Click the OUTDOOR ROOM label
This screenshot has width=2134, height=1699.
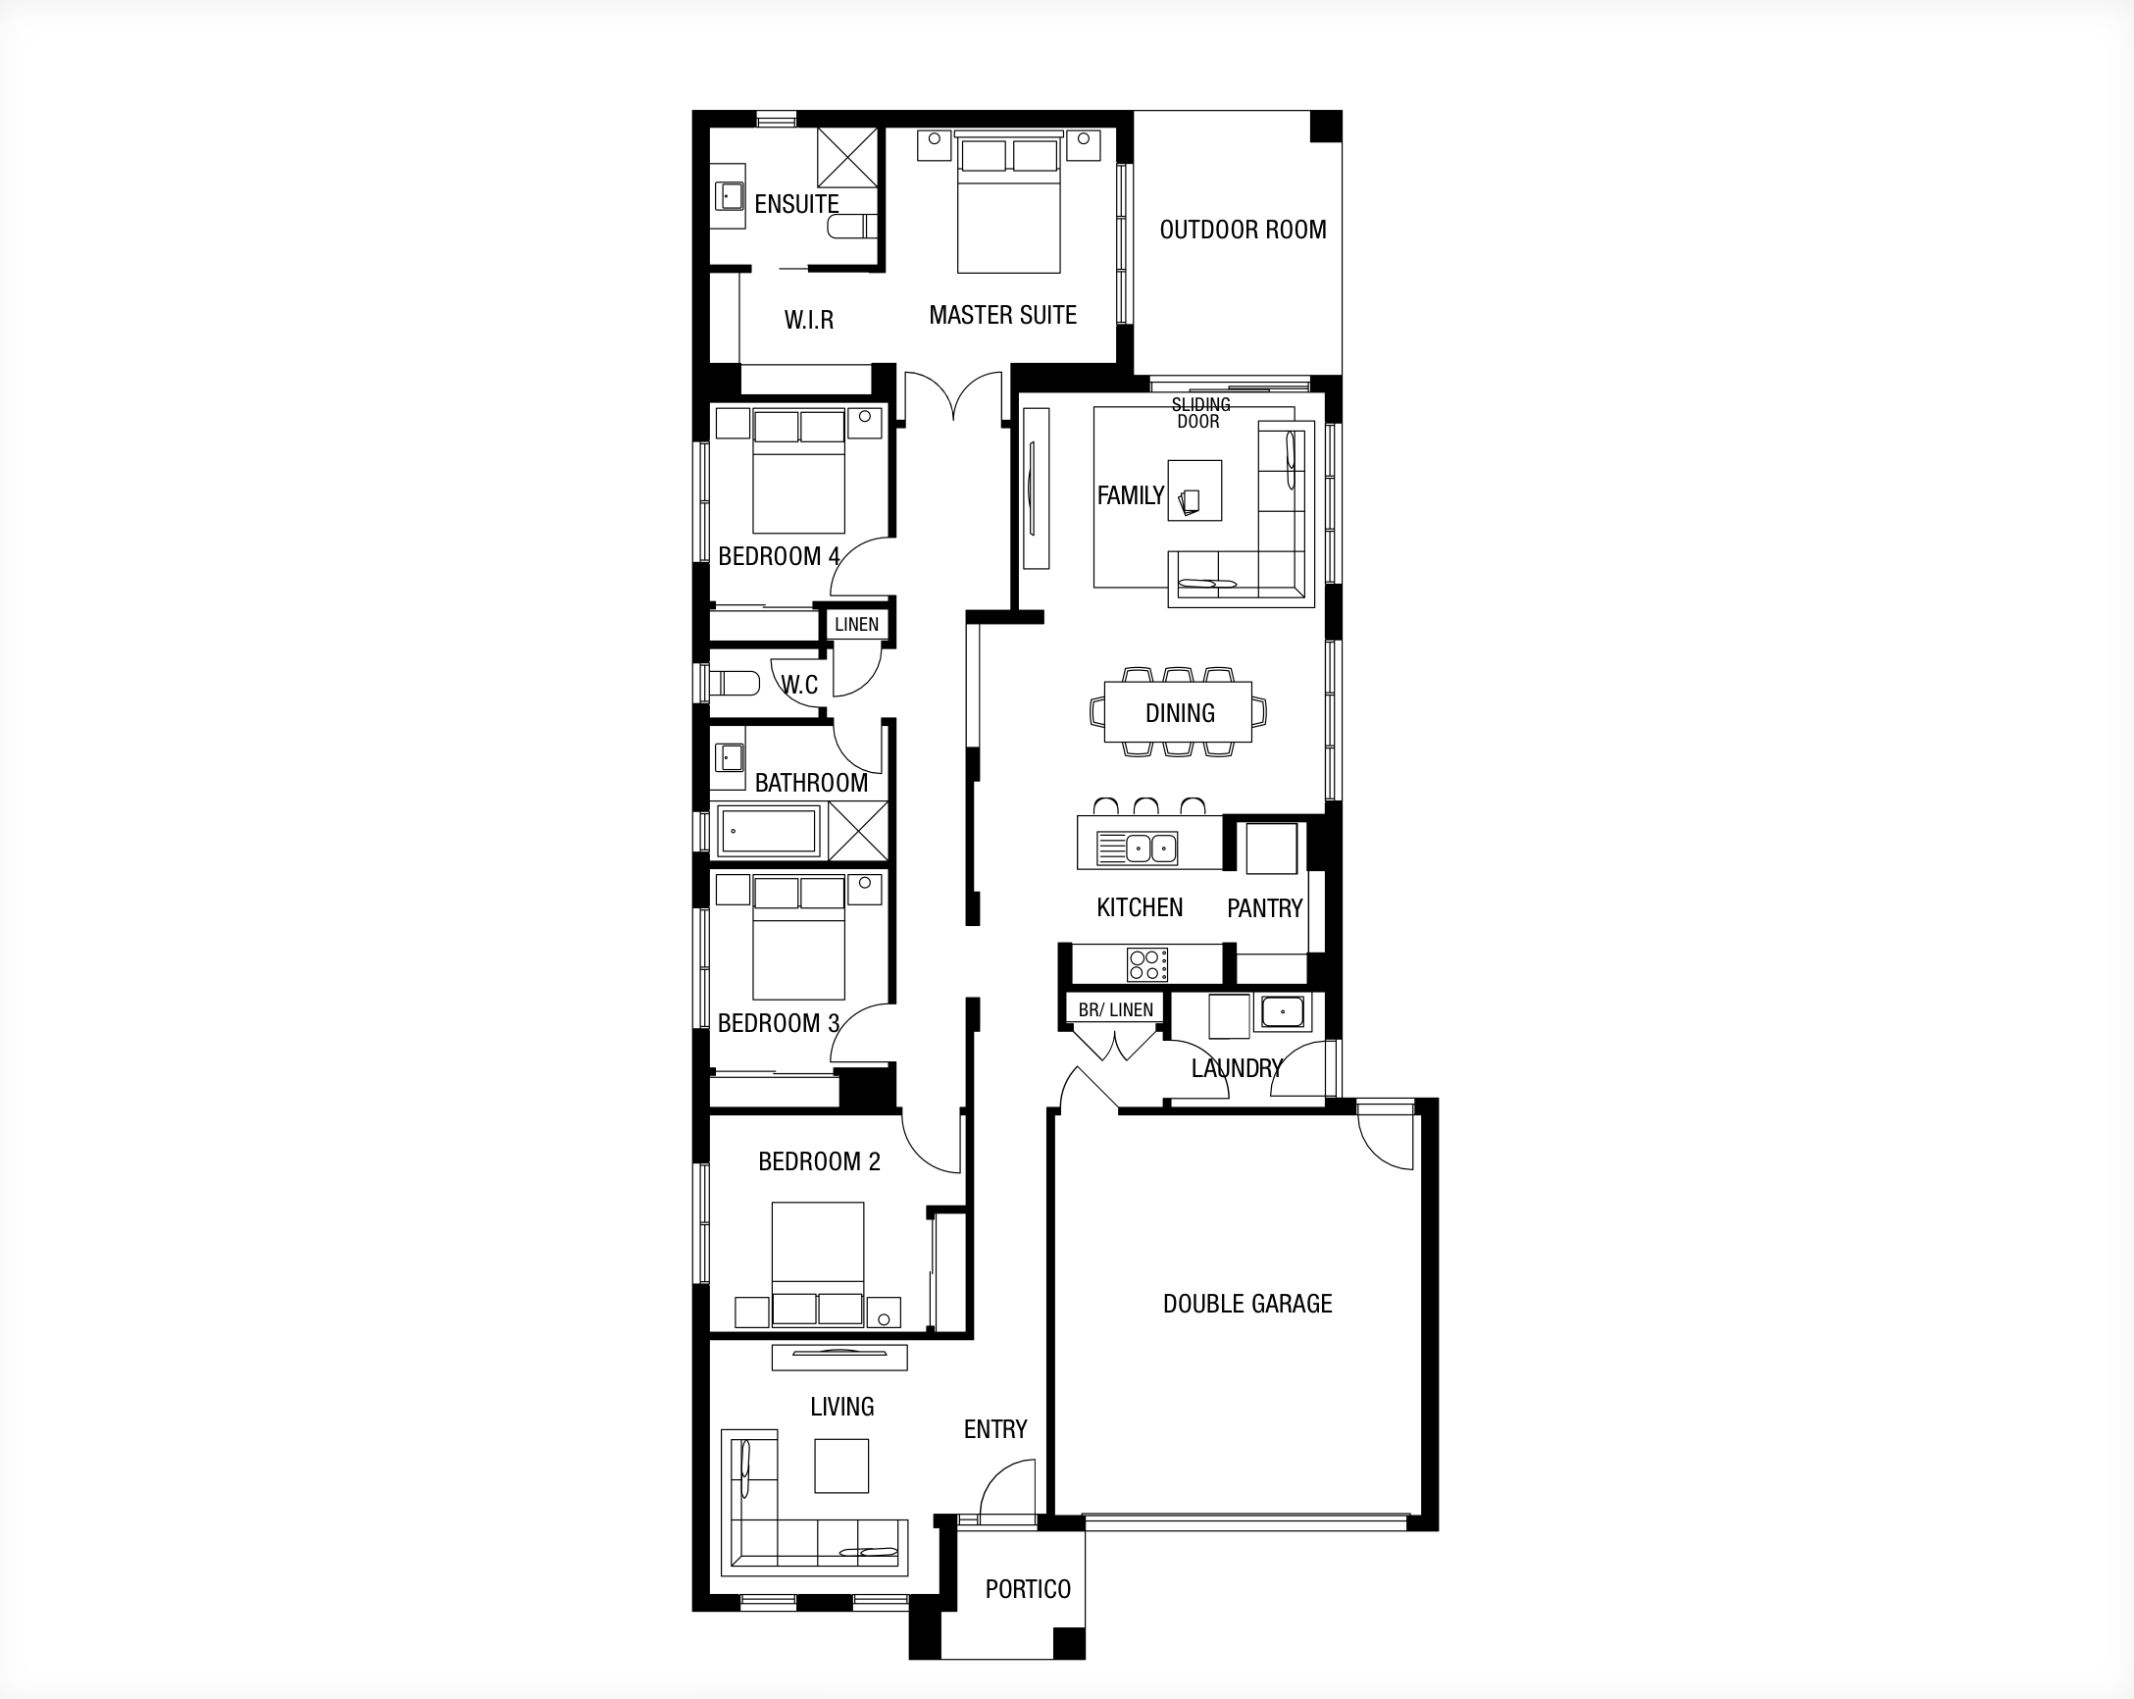click(x=1243, y=230)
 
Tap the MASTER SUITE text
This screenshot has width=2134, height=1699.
click(x=1002, y=315)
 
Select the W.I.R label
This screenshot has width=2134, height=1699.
click(x=809, y=320)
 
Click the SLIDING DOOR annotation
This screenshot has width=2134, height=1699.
click(x=1200, y=413)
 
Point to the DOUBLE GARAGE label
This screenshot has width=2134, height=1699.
click(x=1247, y=1303)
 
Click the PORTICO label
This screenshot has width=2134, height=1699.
click(x=1028, y=1589)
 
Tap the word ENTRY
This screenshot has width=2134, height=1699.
click(x=994, y=1428)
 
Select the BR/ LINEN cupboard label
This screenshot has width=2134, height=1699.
click(x=1115, y=1010)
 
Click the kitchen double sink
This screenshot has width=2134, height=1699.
click(x=1138, y=849)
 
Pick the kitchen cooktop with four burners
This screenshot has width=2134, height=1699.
click(x=1148, y=965)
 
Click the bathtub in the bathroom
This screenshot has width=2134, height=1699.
click(x=768, y=831)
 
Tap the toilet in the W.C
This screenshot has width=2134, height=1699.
click(x=734, y=683)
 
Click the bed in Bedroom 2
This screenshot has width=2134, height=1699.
click(x=818, y=1263)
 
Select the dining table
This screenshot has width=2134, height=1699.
click(x=1178, y=712)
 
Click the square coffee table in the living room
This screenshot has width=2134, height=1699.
click(x=841, y=1466)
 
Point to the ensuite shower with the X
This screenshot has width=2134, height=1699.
click(x=847, y=157)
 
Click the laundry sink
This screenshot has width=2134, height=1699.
click(x=1282, y=1013)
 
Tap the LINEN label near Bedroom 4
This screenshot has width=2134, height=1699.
click(x=856, y=625)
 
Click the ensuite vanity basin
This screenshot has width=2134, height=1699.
click(x=730, y=196)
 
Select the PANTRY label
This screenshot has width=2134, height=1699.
click(x=1264, y=908)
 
